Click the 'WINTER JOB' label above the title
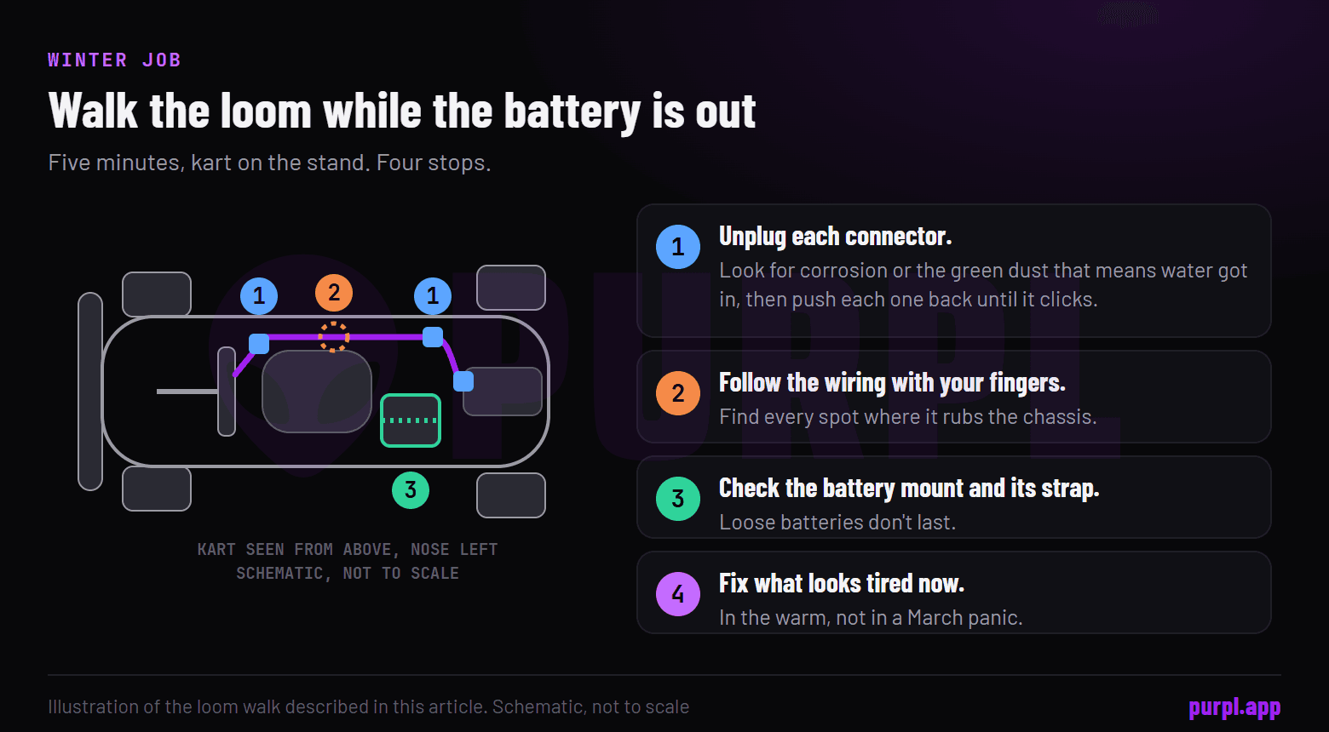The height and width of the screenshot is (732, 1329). click(x=114, y=60)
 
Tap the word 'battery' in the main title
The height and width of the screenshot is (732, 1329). click(x=572, y=112)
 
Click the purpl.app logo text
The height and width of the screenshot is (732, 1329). click(x=1234, y=707)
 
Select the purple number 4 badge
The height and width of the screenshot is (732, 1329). click(x=678, y=594)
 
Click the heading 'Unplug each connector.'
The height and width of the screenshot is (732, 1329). click(x=836, y=237)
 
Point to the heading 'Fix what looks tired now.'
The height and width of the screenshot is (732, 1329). click(x=842, y=584)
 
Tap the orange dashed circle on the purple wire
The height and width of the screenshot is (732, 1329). click(x=333, y=337)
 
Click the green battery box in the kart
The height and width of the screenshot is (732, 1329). click(x=411, y=420)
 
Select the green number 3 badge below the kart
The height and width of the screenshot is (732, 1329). click(x=411, y=490)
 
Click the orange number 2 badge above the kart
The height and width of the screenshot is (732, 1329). click(x=334, y=293)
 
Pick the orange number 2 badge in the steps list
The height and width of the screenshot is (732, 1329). click(x=678, y=393)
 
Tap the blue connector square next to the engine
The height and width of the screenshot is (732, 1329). click(x=463, y=381)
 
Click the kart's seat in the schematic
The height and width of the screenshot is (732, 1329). click(x=317, y=392)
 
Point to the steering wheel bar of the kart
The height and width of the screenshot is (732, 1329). click(x=227, y=392)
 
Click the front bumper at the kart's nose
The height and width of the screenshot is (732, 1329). click(x=90, y=392)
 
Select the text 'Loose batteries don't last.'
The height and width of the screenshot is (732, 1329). click(x=837, y=522)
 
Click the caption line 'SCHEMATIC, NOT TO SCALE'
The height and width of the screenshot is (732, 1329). click(x=348, y=573)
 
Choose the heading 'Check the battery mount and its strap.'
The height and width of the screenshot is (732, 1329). click(x=909, y=489)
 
